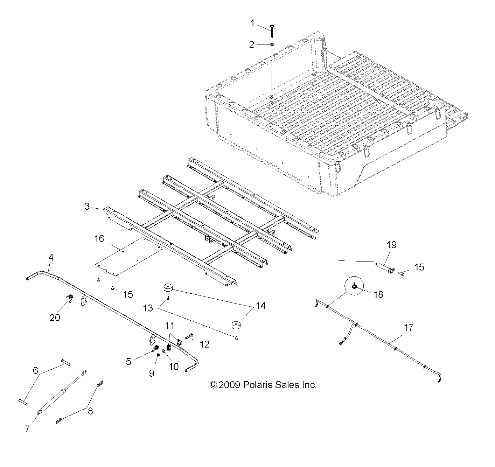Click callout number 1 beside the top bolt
[x=252, y=23]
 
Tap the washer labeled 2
[x=272, y=44]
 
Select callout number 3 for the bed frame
[x=87, y=206]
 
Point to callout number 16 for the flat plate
[x=99, y=239]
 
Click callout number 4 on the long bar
[x=51, y=258]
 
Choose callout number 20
[x=55, y=318]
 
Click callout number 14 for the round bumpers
[x=260, y=306]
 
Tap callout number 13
[x=148, y=308]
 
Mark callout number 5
[x=129, y=361]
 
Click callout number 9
[x=152, y=373]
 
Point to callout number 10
[x=174, y=367]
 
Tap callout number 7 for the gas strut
[x=27, y=429]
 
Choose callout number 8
[x=90, y=411]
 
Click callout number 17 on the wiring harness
[x=409, y=328]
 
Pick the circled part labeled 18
[x=355, y=287]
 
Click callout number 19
[x=391, y=245]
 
